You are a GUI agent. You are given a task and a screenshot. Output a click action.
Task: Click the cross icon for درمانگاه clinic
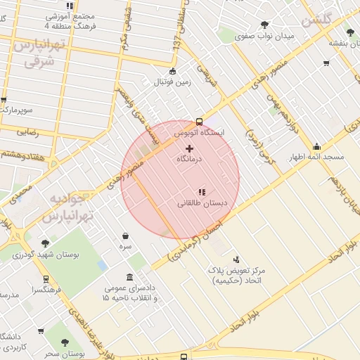(x=189, y=148)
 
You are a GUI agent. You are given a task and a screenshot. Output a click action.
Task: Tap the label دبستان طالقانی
(x=202, y=204)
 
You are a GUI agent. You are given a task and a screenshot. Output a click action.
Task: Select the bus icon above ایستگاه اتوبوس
(x=200, y=121)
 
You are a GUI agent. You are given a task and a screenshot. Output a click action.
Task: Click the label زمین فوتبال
(x=172, y=82)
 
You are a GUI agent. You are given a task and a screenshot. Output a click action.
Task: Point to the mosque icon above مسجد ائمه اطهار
(x=317, y=146)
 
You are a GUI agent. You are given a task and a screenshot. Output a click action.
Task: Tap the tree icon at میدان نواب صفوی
(x=264, y=25)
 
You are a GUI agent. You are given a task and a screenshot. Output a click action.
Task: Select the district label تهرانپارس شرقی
(x=39, y=53)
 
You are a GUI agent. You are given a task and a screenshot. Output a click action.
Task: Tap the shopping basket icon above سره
(x=125, y=236)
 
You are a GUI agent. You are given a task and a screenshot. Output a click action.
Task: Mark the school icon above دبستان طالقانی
(x=202, y=192)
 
